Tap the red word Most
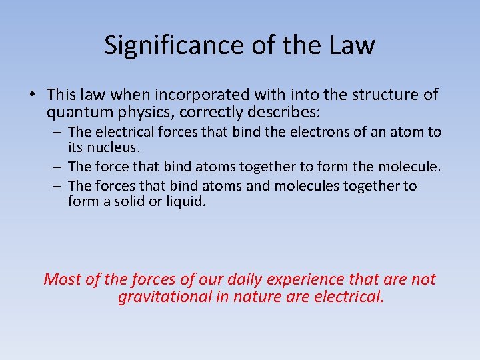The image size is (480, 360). [x=63, y=279]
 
